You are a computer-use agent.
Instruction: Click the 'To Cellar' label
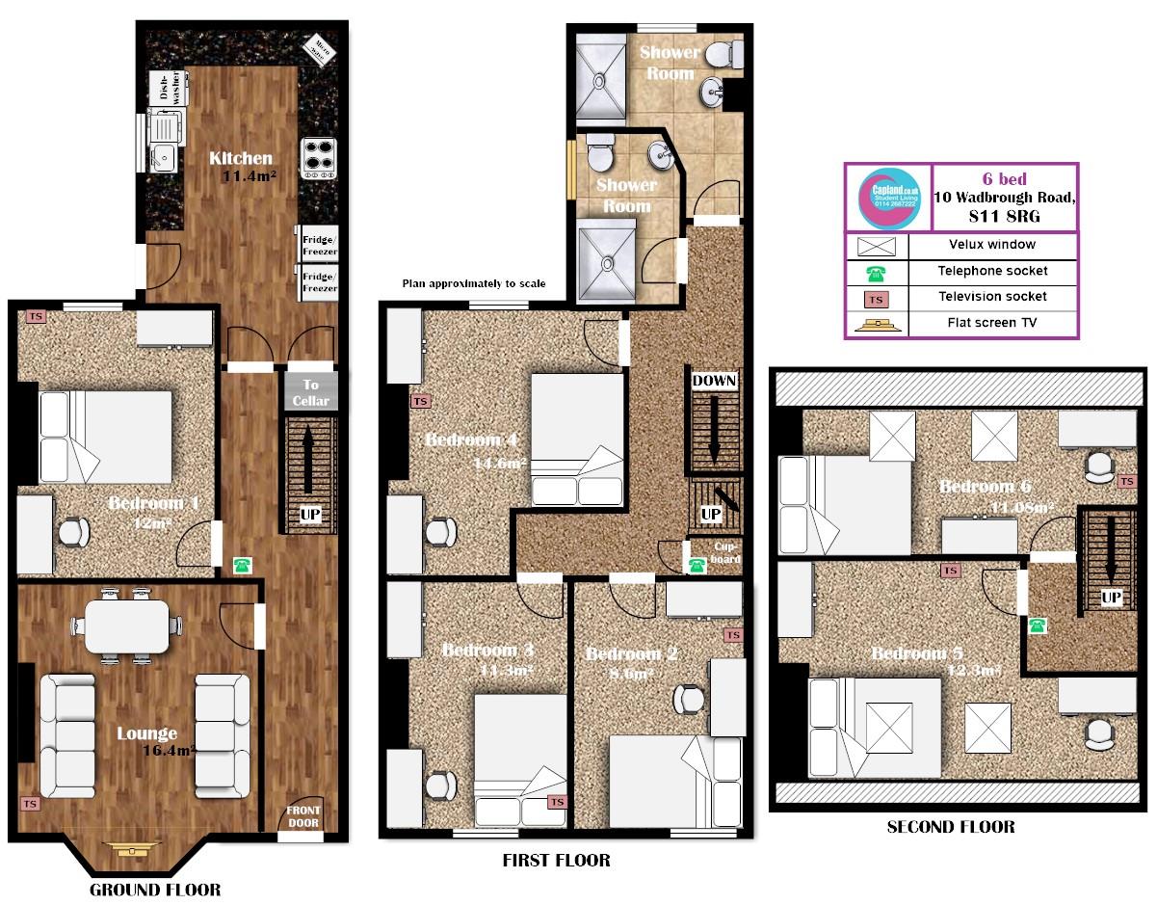click(310, 392)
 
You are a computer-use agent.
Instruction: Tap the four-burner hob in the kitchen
click(318, 158)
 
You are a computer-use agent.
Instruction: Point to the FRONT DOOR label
click(302, 816)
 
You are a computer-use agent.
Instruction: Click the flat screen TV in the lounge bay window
click(126, 849)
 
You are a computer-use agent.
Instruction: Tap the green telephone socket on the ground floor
click(240, 565)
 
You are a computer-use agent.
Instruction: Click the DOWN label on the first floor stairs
click(714, 381)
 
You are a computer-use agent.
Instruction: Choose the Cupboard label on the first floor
click(725, 551)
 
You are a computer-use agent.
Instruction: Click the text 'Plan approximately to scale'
click(474, 283)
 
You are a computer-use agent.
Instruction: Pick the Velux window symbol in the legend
click(877, 246)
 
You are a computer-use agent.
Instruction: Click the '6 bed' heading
click(1004, 178)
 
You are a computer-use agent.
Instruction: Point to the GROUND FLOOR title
click(155, 889)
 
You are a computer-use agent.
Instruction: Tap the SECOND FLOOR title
click(950, 826)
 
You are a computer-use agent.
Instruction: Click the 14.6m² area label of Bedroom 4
click(498, 464)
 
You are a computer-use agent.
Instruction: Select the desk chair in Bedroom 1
click(74, 531)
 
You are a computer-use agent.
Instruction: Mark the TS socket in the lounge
click(30, 802)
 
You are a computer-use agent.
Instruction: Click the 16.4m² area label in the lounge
click(170, 750)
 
